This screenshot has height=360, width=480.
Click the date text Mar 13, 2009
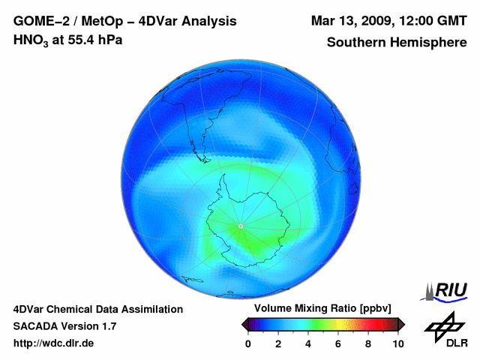(x=349, y=21)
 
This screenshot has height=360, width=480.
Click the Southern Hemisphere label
(x=397, y=42)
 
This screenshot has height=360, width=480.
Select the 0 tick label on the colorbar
(x=248, y=343)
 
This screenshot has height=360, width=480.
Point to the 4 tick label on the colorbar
(x=308, y=343)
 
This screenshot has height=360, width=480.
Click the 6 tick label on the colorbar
(x=338, y=343)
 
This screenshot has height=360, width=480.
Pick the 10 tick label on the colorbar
(x=398, y=343)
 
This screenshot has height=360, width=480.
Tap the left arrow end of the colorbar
(x=244, y=324)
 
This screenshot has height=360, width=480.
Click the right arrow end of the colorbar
(x=402, y=324)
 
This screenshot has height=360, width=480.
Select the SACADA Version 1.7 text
(x=64, y=326)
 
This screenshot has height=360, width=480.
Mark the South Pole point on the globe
(x=240, y=226)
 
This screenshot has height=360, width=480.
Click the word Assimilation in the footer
(x=150, y=309)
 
